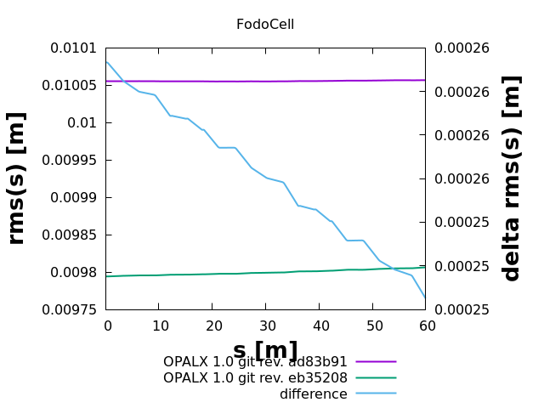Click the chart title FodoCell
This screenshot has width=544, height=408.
pos(265,25)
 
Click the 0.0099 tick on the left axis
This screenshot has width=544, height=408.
pos(77,198)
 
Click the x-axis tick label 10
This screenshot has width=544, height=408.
pos(159,326)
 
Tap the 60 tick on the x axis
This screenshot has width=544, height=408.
pos(426,326)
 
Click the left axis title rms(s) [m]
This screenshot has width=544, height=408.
pos(17,178)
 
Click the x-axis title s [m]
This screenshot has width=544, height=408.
pos(265,350)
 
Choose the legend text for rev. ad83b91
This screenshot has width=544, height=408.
pos(255,361)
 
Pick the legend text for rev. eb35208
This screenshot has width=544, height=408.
pos(255,377)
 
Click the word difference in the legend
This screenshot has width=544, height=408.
pos(314,394)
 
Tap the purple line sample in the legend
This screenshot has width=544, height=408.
pos(376,362)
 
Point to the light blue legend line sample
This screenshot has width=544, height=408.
pos(376,394)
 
